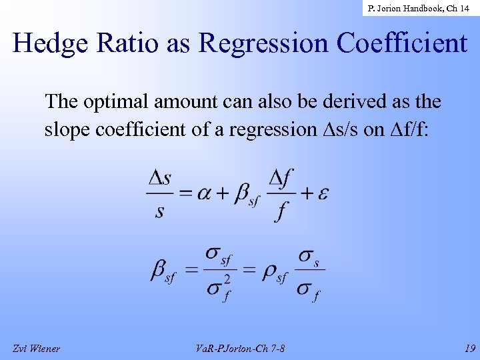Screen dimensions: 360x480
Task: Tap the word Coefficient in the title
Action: [x=402, y=44]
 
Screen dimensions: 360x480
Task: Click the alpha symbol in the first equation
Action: [x=205, y=193]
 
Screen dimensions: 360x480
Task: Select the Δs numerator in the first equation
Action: [x=159, y=178]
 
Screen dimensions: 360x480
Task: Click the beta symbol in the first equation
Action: [x=243, y=195]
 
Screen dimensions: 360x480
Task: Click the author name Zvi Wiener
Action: [x=36, y=348]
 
